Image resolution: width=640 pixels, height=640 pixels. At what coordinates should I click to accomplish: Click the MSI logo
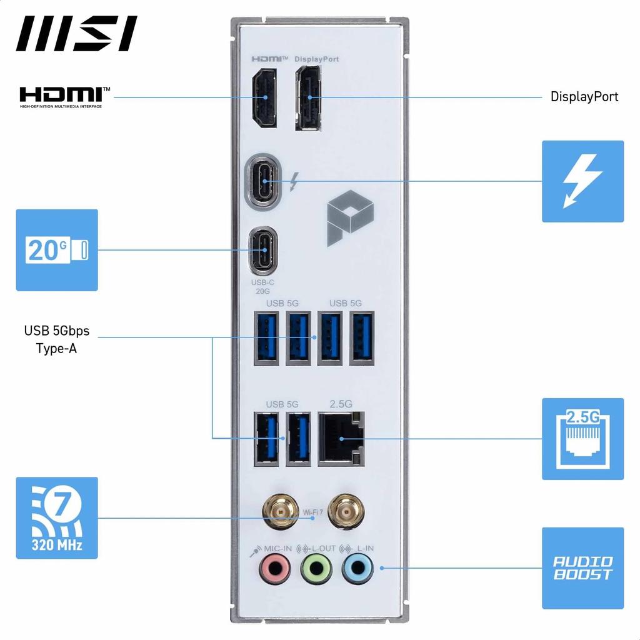point(77,33)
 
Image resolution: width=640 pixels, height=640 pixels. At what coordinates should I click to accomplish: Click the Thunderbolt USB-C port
point(264,181)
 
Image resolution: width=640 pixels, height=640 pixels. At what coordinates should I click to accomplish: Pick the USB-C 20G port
point(264,251)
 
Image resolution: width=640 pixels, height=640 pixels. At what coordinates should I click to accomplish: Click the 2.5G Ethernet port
point(341,438)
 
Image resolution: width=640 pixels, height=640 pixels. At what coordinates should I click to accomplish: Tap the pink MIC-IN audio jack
point(274,568)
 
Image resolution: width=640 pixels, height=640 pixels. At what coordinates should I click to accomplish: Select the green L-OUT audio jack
point(316,568)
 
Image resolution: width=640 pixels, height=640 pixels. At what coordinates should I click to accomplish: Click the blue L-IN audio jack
point(357,568)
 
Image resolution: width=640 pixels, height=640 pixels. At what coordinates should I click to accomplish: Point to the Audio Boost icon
point(582,568)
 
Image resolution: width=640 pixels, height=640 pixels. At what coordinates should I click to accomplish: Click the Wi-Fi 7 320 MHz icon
point(57,517)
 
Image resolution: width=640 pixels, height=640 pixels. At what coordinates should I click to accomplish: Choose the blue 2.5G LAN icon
point(582,439)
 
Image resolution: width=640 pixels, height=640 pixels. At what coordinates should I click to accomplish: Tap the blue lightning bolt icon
point(582,181)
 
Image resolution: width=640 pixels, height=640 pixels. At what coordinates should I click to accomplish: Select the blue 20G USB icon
point(57,250)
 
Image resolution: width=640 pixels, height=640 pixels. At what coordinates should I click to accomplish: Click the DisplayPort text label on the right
point(584,97)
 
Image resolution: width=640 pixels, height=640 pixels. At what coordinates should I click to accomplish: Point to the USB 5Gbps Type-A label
point(57,339)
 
